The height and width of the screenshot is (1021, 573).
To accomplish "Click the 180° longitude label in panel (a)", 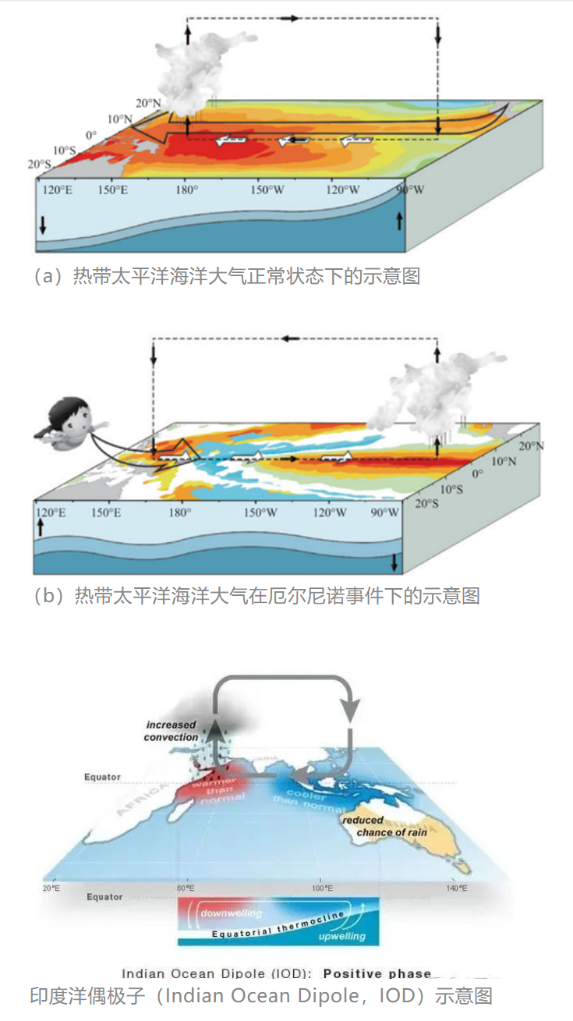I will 186,190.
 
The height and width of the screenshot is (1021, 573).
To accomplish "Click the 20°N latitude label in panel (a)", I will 147,103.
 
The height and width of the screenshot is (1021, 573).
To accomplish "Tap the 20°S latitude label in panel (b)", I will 427,504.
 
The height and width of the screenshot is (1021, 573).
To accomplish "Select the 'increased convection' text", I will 171,731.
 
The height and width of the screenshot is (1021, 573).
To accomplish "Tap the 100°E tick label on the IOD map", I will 322,888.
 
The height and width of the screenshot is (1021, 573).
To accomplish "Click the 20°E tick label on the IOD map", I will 52,888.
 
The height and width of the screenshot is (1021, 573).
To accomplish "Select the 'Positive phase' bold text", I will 377,973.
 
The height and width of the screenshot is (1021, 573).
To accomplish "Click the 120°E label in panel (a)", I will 57,190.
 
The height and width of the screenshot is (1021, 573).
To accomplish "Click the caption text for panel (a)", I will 226,276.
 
